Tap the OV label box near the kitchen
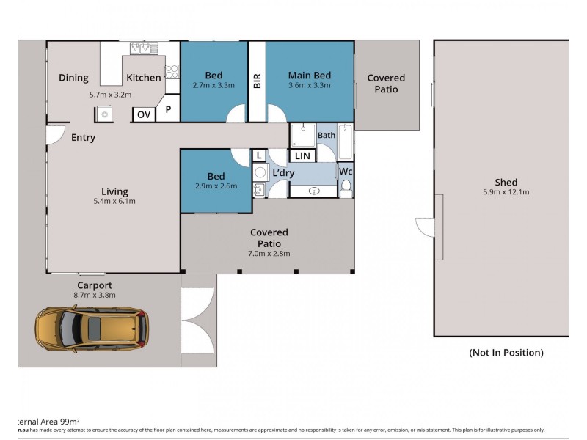pos(143,114)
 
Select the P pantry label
pos(168,110)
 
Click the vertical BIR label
pos(257,81)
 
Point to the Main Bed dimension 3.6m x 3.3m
pos(309,86)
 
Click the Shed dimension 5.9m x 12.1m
pos(506,193)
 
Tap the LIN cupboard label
pos(302,155)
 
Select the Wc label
pos(346,172)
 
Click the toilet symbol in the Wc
pos(346,188)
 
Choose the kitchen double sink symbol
pos(141,48)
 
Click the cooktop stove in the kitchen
pos(172,72)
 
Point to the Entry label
pos(83,138)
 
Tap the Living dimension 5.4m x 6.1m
pos(114,201)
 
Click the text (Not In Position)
pos(506,353)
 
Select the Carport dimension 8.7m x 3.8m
pos(95,296)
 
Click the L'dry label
pos(283,173)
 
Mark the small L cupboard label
pos(259,155)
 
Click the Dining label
pos(73,78)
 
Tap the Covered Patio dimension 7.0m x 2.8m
pos(269,254)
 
